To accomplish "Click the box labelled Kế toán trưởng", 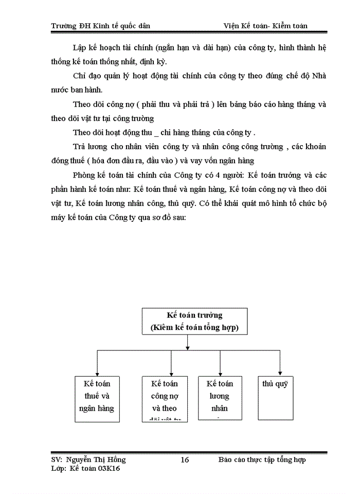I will [x=194, y=321].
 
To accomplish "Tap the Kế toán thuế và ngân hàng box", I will [x=97, y=399].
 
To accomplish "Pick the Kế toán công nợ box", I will [x=164, y=399].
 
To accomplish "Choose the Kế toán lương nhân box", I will [x=220, y=399].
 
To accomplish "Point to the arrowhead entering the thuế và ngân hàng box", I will [x=97, y=372].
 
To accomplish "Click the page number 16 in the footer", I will [x=185, y=460].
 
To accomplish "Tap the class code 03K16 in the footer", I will [x=109, y=468].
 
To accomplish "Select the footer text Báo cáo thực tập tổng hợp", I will [x=262, y=460].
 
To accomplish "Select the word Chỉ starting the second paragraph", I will [x=80, y=76].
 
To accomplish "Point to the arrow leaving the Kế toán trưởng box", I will [x=188, y=342].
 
